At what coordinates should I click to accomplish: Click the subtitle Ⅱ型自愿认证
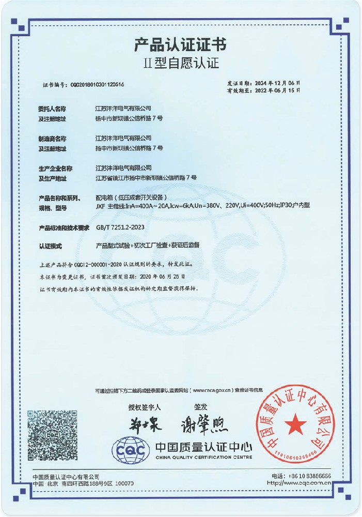coord(181,64)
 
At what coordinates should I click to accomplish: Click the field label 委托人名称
coord(52,109)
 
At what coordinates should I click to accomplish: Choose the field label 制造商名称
coord(52,139)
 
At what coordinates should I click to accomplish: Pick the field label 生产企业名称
coord(55,168)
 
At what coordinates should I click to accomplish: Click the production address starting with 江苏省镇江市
coord(146,177)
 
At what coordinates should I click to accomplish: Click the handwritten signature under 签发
coord(204,425)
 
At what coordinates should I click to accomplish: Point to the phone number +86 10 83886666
coord(308,476)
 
